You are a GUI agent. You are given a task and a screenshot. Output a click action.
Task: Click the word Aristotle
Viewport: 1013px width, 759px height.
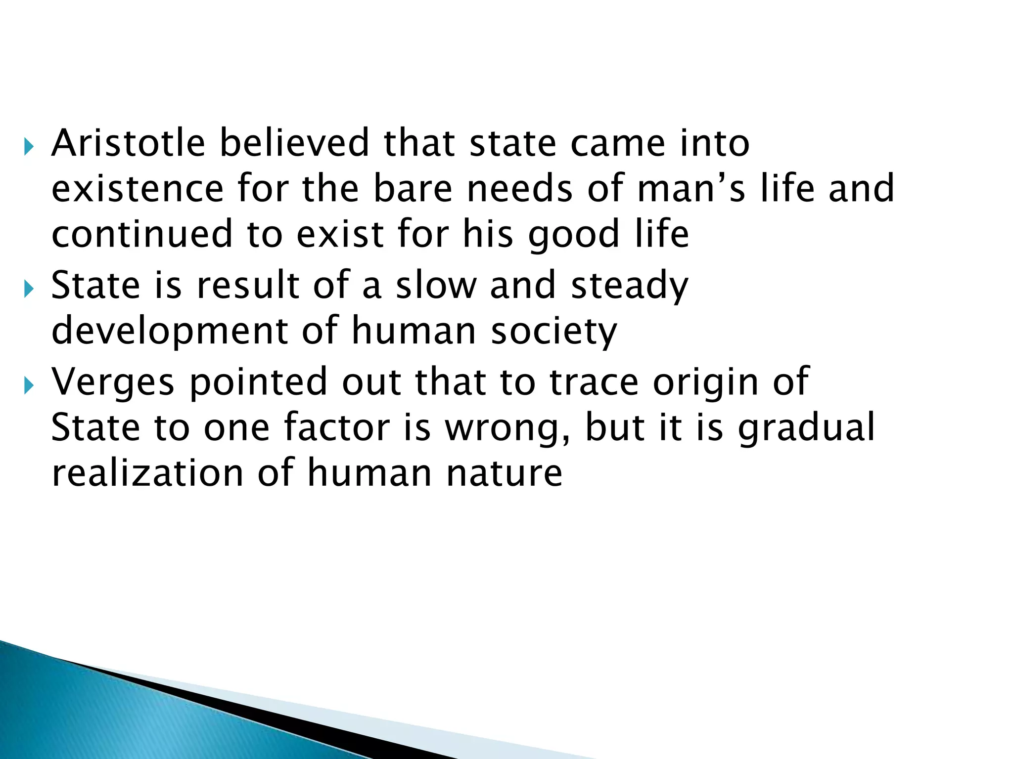pos(128,143)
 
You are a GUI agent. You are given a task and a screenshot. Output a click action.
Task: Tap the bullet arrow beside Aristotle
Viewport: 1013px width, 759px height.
pos(29,147)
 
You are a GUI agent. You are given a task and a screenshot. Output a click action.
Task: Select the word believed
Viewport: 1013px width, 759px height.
pos(294,143)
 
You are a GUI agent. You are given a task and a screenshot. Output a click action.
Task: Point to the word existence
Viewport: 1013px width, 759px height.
pos(138,189)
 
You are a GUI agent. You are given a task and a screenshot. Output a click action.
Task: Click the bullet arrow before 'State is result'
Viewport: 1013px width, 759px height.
pos(29,289)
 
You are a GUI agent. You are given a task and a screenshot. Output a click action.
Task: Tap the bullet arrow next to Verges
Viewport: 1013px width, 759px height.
pos(29,385)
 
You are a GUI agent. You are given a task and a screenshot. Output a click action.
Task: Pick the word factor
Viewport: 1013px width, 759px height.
pos(337,428)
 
